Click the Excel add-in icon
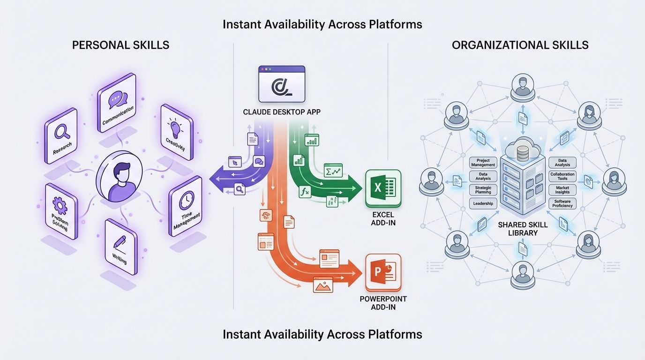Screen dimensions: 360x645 pyautogui.click(x=383, y=188)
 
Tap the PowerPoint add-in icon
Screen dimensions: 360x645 pyautogui.click(x=383, y=272)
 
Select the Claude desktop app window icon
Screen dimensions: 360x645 pyautogui.click(x=281, y=84)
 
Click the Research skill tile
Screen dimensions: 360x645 pyautogui.click(x=61, y=135)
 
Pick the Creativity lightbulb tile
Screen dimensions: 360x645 pyautogui.click(x=176, y=132)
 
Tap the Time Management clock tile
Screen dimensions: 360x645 pyautogui.click(x=186, y=207)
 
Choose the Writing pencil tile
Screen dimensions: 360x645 pyautogui.click(x=120, y=247)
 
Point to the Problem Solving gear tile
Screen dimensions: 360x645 pyautogui.click(x=61, y=211)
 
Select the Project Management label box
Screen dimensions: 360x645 pyautogui.click(x=483, y=163)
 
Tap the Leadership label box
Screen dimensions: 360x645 pyautogui.click(x=483, y=203)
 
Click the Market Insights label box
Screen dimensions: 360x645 pyautogui.click(x=562, y=190)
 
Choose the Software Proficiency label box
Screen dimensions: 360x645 pyautogui.click(x=562, y=203)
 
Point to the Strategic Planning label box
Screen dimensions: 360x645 pyautogui.click(x=483, y=190)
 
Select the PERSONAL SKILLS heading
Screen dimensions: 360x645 pyautogui.click(x=120, y=45)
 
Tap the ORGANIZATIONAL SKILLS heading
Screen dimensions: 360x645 pyautogui.click(x=520, y=45)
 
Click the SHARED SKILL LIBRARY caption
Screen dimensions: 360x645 pyautogui.click(x=518, y=229)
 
